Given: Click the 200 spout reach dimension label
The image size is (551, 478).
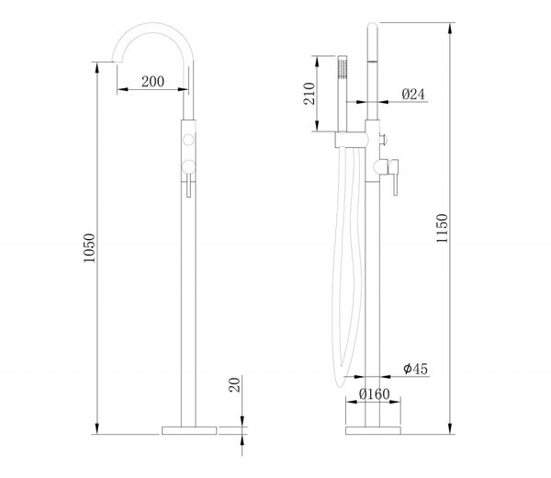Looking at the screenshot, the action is [x=152, y=82].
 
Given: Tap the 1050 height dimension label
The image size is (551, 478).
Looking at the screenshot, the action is [x=89, y=248].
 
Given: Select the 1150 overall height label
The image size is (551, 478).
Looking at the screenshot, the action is [x=442, y=228].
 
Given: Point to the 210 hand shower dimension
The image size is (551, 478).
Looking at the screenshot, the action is [x=309, y=93].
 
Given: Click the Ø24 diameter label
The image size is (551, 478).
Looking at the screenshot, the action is [x=413, y=95].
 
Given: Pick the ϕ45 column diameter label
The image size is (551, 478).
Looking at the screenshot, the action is [x=415, y=369].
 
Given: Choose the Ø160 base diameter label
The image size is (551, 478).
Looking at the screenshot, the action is [x=375, y=394].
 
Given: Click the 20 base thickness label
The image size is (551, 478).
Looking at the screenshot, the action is [x=234, y=384].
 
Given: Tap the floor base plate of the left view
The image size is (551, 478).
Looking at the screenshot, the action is [x=189, y=430].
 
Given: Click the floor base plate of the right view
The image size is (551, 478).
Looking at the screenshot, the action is [x=373, y=430].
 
